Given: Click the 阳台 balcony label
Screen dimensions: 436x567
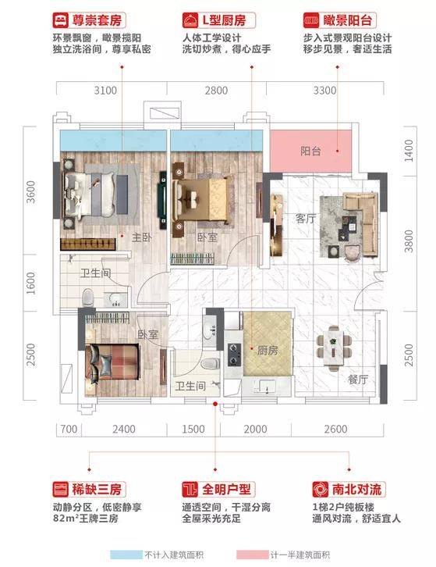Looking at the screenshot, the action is (x=310, y=151).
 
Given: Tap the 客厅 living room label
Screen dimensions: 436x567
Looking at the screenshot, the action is (x=306, y=219).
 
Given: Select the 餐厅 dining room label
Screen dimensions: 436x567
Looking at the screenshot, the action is (x=358, y=380).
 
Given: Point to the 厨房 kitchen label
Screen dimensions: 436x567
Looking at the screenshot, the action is (x=268, y=350).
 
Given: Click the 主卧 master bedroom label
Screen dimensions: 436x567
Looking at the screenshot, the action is (x=142, y=237).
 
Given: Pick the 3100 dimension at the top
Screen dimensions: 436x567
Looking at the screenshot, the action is (x=105, y=91).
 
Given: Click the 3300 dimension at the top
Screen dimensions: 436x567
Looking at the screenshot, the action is (x=324, y=91).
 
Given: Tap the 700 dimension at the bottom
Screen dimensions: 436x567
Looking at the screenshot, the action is (x=69, y=430).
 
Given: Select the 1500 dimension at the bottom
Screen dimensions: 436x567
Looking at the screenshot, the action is (x=193, y=430).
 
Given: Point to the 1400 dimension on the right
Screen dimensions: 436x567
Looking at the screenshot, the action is (x=408, y=151).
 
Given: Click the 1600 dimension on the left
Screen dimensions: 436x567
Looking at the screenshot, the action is (x=31, y=283).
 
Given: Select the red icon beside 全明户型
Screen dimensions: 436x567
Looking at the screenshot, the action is (x=190, y=490).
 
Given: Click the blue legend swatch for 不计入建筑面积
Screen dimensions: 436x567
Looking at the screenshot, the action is (x=126, y=555).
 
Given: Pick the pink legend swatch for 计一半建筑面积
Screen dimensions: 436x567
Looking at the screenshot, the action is (x=253, y=555).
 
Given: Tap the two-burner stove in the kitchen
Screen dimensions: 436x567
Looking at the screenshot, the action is (x=235, y=355).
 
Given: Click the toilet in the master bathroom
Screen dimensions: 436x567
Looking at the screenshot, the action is (x=88, y=298).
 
